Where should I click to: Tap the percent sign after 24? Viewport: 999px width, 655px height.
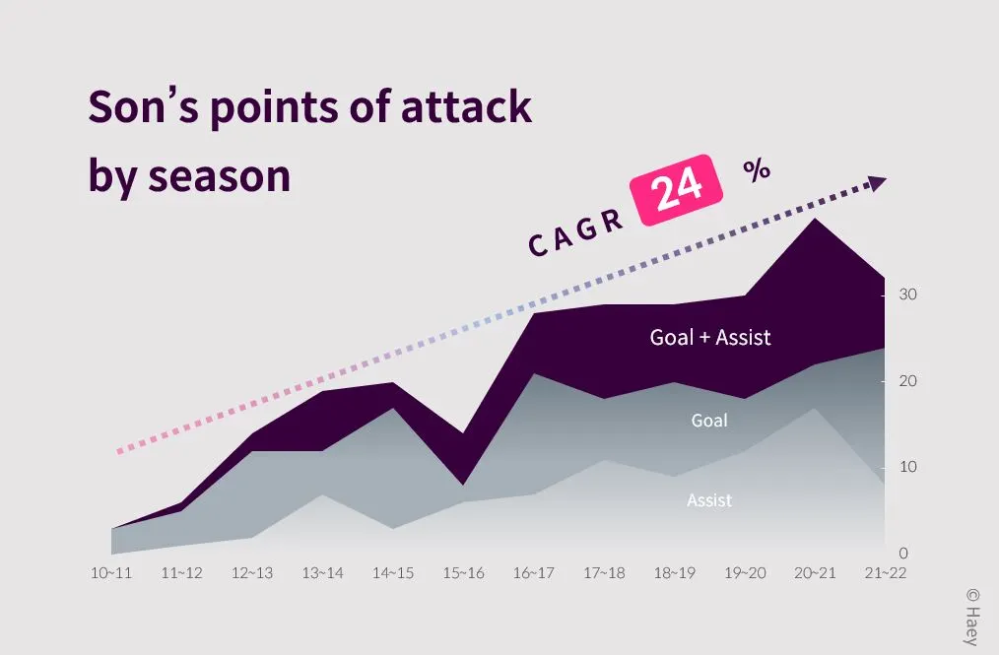tap(756, 169)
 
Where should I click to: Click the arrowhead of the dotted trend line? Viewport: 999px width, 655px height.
tap(875, 183)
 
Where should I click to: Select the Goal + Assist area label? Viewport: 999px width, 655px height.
tap(709, 338)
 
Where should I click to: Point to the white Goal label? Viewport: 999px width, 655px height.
tap(709, 421)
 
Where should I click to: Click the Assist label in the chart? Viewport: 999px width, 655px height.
tap(709, 500)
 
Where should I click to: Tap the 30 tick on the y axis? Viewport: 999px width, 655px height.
tap(907, 295)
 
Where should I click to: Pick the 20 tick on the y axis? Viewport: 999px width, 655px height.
tap(907, 381)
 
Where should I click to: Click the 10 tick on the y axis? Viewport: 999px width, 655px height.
tap(907, 467)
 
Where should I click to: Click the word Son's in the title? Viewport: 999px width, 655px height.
tap(141, 106)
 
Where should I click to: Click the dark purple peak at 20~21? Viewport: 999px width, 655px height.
tap(815, 236)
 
